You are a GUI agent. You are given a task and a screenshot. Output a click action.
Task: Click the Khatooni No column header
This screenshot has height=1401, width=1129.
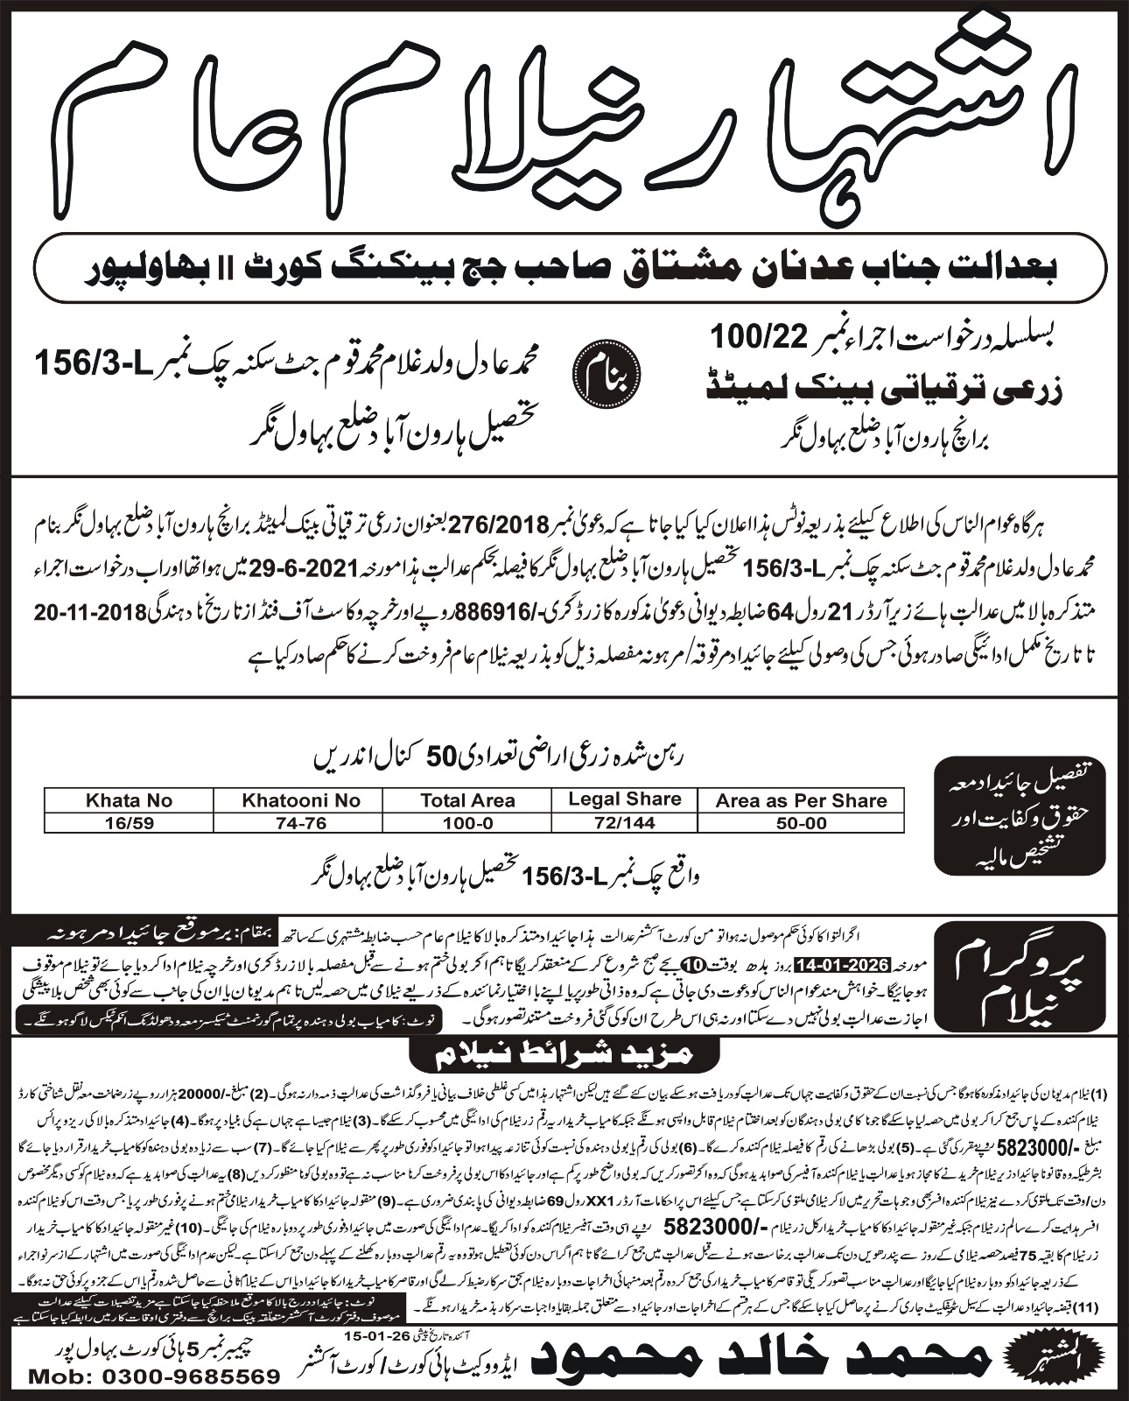tap(301, 799)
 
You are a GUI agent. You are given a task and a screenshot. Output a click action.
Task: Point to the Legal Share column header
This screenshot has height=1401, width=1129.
tap(624, 799)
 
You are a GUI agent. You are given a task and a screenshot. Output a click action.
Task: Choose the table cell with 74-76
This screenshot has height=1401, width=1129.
tap(301, 822)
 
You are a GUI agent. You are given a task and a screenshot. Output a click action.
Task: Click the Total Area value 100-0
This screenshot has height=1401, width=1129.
tap(467, 822)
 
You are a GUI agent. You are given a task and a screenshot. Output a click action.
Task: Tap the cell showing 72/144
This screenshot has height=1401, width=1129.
tap(624, 822)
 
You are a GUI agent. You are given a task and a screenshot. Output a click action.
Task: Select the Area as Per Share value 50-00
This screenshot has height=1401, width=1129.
tap(801, 822)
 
